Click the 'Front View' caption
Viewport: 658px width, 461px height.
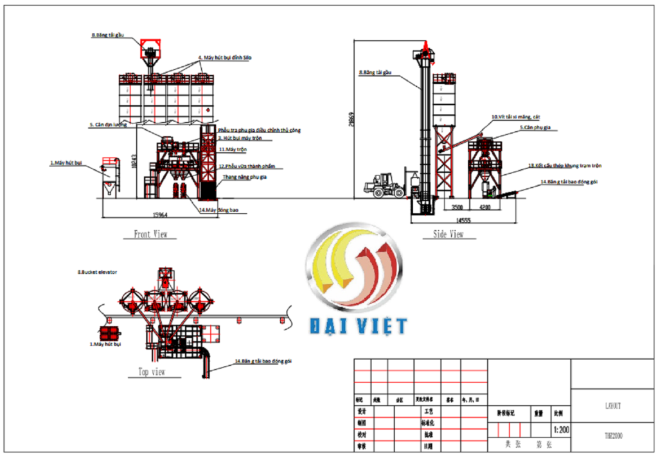click(151, 235)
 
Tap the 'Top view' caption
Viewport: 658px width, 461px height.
click(152, 372)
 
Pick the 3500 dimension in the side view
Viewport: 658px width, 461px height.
click(457, 208)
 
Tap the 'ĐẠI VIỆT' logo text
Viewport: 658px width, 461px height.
click(358, 326)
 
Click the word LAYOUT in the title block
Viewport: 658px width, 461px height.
click(612, 406)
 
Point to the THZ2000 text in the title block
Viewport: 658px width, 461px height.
click(612, 436)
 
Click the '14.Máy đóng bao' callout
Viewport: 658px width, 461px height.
click(223, 210)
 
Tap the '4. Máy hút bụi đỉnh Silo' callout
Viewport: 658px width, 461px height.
click(225, 58)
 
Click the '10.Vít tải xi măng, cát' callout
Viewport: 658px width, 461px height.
click(516, 117)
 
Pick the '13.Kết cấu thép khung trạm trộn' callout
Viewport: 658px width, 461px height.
click(565, 166)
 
